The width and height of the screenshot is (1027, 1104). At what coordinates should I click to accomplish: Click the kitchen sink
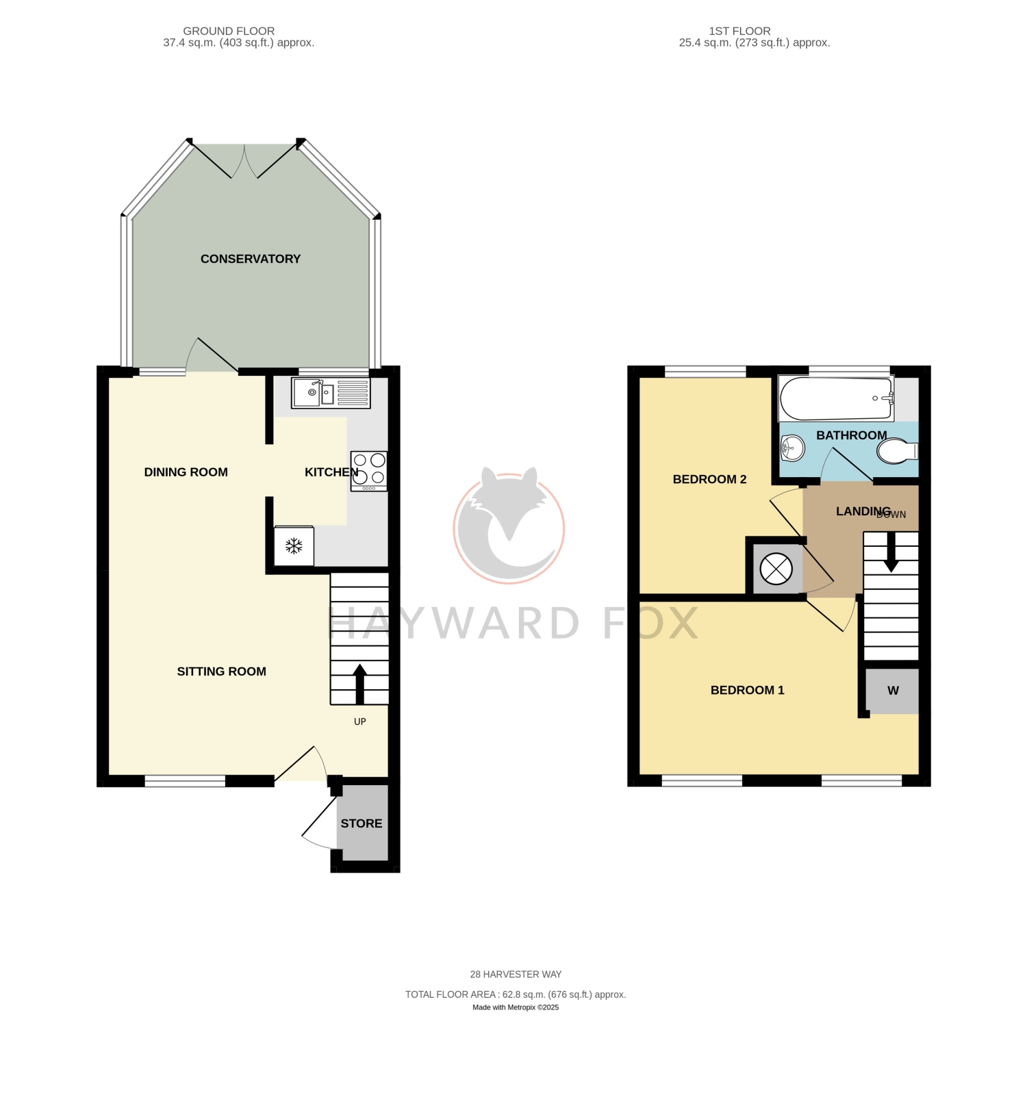pos(331,393)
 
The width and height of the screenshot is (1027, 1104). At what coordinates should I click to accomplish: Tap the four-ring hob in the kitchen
pos(369,471)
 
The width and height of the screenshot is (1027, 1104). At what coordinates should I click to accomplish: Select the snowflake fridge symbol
pos(294,545)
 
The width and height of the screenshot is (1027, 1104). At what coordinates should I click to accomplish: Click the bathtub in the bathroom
pos(836,398)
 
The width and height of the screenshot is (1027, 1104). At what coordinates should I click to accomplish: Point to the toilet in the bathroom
pos(897,452)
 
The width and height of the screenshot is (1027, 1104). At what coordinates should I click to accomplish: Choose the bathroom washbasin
pos(792,449)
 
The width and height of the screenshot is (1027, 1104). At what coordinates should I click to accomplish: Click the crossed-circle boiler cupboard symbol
pos(776,569)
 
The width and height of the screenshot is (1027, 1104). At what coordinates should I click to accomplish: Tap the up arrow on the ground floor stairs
pos(359,684)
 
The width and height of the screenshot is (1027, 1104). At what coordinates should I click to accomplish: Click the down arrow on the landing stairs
pos(891,552)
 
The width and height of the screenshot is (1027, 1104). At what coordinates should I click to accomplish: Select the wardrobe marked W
pos(893,691)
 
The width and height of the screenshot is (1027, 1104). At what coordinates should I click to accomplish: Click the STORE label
pos(362,823)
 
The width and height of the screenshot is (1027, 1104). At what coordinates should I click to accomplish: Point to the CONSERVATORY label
pos(251,259)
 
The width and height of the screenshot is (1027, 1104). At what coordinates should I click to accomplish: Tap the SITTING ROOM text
pos(222,671)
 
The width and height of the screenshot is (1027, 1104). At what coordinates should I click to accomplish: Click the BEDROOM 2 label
pos(709,479)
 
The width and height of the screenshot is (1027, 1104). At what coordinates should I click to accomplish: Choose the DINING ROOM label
pos(186,472)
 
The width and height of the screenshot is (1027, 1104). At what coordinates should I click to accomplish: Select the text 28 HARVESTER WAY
pos(516,974)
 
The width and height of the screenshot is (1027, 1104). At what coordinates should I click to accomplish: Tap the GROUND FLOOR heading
pos(229,31)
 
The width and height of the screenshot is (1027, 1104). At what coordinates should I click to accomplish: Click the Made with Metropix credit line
pos(516,1007)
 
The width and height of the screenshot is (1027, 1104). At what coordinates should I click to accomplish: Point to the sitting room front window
pos(185,781)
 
